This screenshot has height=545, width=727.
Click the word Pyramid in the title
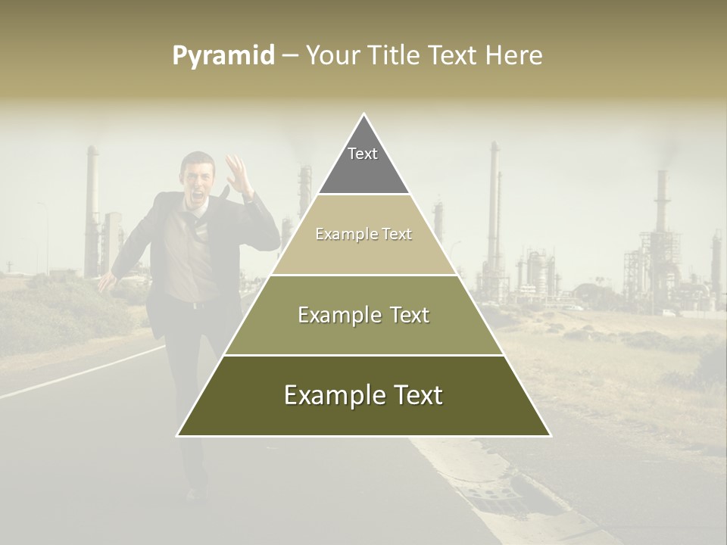pos(223,56)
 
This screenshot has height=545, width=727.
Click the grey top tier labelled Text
pos(363,163)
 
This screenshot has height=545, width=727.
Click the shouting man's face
pos(201,182)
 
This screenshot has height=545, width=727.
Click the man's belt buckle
pos(195,304)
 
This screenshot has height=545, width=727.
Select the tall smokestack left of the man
pos(92,212)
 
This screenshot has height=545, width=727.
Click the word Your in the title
pos(333,56)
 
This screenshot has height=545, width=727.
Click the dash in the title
pos(290,56)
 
